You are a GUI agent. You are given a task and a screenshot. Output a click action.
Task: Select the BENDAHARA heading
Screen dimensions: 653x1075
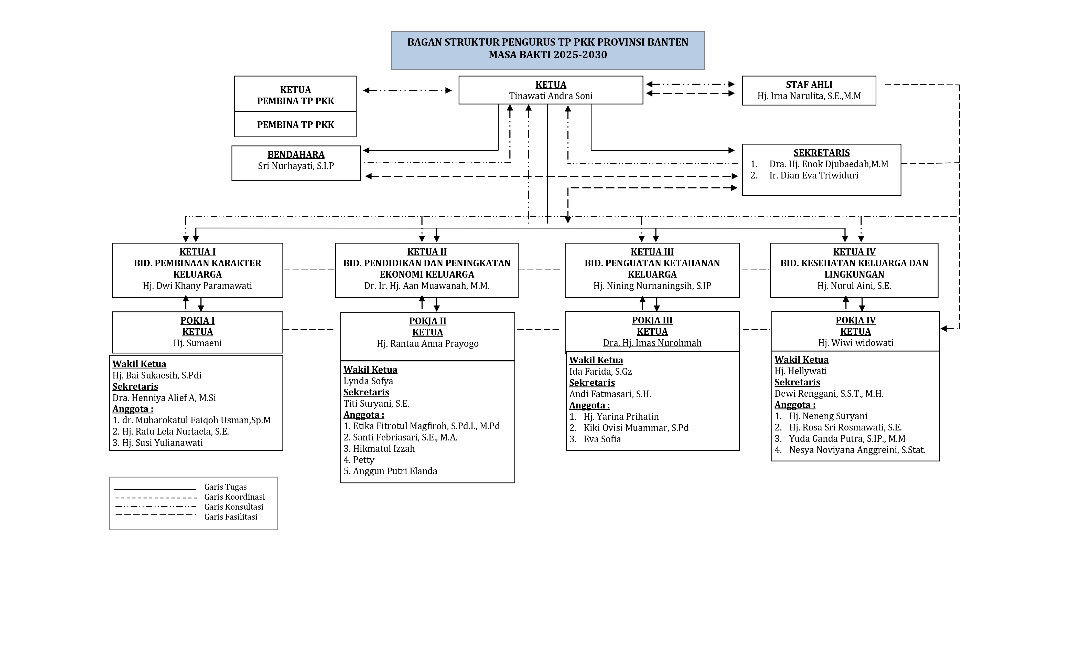[296, 154]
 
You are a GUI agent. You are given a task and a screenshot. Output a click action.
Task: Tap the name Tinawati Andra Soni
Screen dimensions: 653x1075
[551, 96]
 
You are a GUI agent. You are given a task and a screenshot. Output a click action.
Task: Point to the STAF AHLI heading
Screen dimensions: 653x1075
[809, 85]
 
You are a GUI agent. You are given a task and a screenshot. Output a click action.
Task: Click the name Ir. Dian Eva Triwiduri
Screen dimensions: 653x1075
[813, 175]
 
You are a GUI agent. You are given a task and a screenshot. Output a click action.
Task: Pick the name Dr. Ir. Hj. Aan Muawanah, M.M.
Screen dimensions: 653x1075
[427, 286]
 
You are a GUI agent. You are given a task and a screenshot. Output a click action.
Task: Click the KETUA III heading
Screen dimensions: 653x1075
[652, 252]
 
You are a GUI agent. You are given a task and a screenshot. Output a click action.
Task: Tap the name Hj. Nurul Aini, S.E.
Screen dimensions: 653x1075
[854, 286]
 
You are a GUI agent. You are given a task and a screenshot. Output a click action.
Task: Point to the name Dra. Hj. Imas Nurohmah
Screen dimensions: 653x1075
[652, 343]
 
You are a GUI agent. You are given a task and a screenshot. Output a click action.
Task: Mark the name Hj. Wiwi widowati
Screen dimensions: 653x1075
[855, 343]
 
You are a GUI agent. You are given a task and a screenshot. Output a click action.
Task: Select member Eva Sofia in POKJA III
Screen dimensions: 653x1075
[602, 439]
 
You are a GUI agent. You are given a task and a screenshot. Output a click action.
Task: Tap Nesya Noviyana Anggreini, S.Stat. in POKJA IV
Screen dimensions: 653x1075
[857, 450]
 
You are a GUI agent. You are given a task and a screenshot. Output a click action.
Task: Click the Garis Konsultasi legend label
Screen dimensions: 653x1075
[233, 507]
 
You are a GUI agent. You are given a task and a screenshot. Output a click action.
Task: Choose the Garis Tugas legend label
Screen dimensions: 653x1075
[225, 487]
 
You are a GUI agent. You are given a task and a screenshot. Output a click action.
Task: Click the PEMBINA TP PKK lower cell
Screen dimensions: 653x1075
[295, 125]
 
